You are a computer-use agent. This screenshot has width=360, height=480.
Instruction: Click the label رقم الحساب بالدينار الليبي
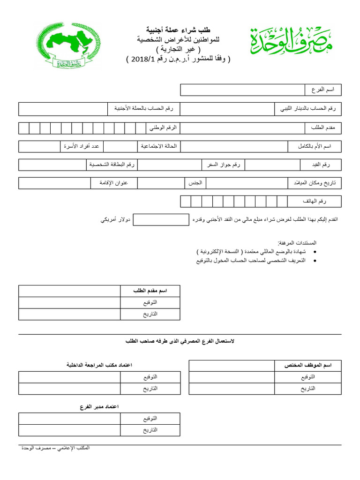[x=308, y=109]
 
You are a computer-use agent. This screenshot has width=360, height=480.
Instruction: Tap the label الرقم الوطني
[x=163, y=127]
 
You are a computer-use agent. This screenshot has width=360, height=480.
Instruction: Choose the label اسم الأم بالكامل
[x=315, y=146]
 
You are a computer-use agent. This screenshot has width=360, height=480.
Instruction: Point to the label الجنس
[x=195, y=183]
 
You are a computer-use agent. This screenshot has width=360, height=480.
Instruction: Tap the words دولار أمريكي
[x=114, y=220]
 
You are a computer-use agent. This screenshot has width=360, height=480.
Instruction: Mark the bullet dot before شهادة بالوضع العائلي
[x=314, y=252]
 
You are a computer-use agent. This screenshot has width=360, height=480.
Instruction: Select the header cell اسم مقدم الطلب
[x=150, y=291]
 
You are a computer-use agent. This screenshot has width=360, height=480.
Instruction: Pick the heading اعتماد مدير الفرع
[x=99, y=406]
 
